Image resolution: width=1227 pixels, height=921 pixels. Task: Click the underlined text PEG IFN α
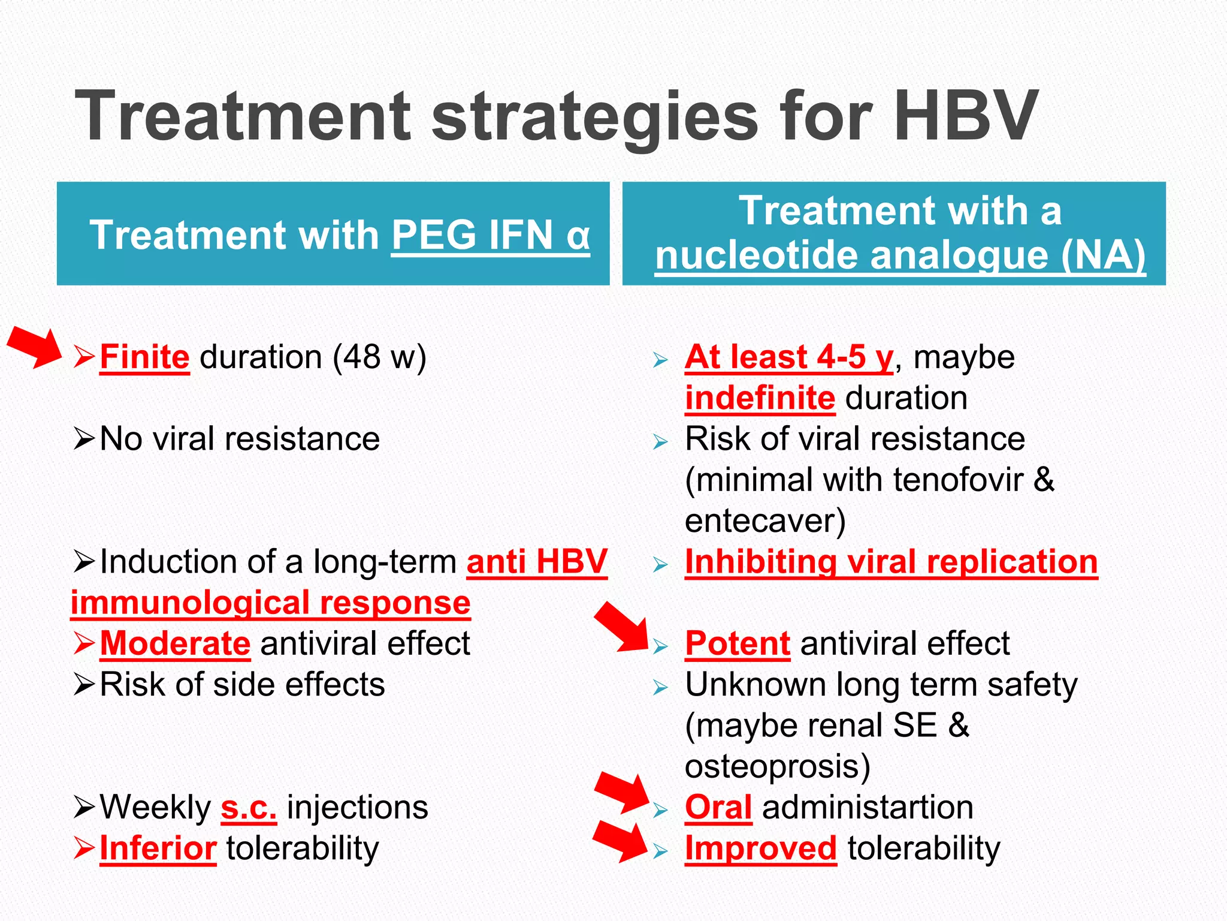(491, 235)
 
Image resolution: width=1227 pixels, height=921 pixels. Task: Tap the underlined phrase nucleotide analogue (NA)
(900, 256)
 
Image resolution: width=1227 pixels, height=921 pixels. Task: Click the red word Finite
(144, 357)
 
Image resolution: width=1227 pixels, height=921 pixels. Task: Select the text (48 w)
(379, 357)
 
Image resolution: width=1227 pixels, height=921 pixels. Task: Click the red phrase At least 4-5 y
(788, 357)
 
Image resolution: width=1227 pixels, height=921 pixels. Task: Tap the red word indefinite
(760, 398)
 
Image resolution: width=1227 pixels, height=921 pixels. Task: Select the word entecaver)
(765, 521)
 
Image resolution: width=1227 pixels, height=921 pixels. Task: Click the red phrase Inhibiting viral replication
(891, 562)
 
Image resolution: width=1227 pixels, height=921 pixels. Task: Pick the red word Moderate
(175, 644)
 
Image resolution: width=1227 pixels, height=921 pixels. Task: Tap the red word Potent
(738, 644)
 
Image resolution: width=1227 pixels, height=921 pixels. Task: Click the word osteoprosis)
(777, 767)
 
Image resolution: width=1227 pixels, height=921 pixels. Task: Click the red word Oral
(718, 808)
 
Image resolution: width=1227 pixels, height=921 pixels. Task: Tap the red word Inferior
(158, 849)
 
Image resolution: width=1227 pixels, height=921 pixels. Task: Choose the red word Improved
(760, 849)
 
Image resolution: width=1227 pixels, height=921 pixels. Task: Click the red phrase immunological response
(270, 603)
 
